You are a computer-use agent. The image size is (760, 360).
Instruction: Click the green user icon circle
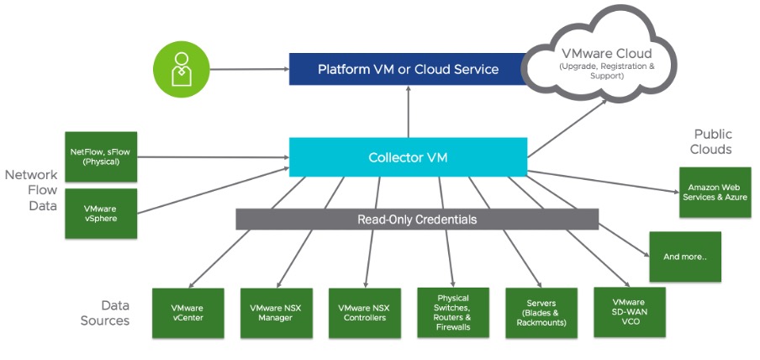click(x=182, y=70)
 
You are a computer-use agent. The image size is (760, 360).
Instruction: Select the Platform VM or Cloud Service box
click(x=408, y=69)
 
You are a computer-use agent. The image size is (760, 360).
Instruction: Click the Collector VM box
click(x=408, y=157)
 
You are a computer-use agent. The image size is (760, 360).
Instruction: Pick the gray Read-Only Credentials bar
click(x=417, y=220)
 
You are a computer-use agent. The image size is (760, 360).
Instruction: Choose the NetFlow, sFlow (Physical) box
click(x=100, y=156)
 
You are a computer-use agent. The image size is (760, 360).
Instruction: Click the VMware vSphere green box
click(x=100, y=212)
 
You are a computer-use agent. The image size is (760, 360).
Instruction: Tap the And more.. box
click(x=685, y=257)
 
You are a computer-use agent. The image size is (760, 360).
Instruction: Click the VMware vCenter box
click(x=187, y=313)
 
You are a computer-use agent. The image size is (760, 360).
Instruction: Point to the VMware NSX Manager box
click(x=276, y=313)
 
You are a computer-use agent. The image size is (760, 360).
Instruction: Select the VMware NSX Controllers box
click(x=364, y=313)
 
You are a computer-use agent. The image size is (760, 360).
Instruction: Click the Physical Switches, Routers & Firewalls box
click(x=452, y=313)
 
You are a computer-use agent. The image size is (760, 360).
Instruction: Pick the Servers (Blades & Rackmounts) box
click(x=541, y=313)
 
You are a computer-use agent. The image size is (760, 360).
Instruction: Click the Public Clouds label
click(x=712, y=141)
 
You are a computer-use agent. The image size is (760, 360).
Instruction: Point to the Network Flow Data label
click(x=32, y=190)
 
